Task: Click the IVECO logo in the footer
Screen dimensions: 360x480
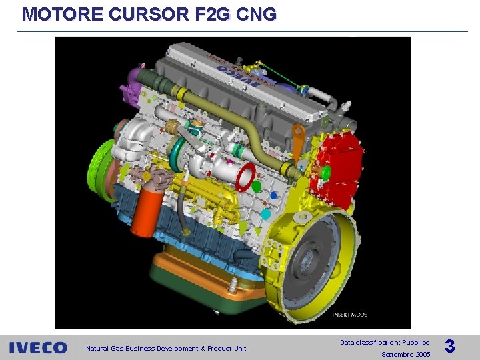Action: coord(38,348)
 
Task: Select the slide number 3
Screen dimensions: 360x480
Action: coord(450,347)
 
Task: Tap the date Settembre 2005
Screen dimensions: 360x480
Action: coord(405,354)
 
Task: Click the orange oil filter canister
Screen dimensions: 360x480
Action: coord(146,210)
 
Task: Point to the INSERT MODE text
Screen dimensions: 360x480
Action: coord(350,315)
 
